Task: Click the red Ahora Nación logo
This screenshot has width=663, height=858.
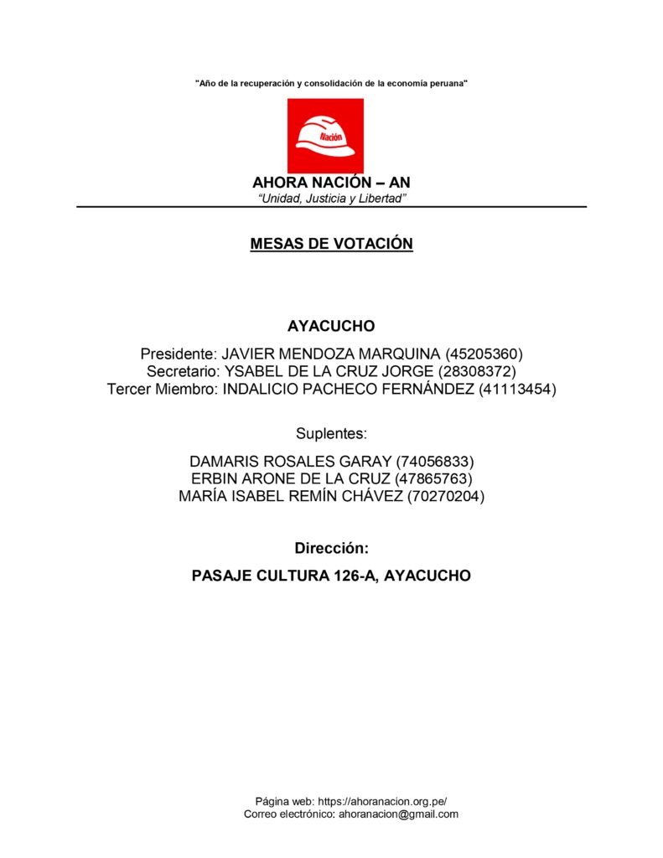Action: (325, 136)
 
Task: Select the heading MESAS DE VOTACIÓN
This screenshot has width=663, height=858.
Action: (331, 244)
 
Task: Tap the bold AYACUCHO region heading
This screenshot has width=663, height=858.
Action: (331, 326)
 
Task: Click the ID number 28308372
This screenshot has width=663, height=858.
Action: (477, 371)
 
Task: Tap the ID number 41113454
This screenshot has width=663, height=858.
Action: (517, 389)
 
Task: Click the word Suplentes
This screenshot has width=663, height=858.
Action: (331, 433)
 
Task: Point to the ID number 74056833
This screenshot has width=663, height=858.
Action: (436, 462)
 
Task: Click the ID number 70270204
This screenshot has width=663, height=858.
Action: (446, 497)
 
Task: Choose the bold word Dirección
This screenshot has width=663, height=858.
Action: (331, 548)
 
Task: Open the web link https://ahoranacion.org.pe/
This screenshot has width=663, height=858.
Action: (388, 801)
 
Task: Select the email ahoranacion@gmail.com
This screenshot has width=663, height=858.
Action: (398, 814)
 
